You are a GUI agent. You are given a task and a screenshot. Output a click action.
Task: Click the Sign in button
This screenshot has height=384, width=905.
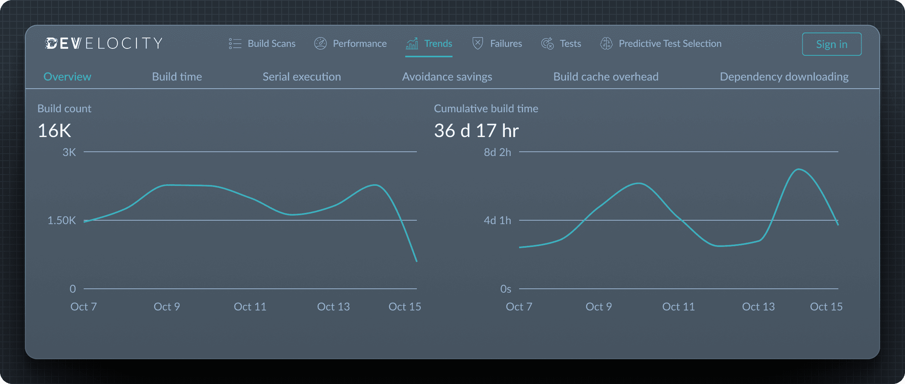tap(831, 44)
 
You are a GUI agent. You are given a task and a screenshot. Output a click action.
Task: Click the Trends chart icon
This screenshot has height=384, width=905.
tap(412, 43)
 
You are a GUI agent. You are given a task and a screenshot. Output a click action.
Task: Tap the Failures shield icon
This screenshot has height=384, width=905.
tap(478, 43)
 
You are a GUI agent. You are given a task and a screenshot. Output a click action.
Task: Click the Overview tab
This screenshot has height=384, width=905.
tap(67, 77)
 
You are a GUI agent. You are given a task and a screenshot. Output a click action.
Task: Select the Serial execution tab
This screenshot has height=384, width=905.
tap(302, 77)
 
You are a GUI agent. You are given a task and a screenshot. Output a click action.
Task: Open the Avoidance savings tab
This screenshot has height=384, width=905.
tap(447, 77)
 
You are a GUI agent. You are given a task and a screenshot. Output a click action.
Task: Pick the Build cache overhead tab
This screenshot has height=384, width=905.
tap(606, 77)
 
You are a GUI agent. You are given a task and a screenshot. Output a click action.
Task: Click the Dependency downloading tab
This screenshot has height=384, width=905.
tap(784, 77)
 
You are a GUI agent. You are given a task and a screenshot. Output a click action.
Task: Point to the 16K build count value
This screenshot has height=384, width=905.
tap(54, 131)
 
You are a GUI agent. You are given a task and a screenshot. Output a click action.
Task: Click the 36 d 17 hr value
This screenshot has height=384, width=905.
tap(476, 131)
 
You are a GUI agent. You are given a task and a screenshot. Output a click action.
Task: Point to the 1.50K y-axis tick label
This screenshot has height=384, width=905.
tap(62, 221)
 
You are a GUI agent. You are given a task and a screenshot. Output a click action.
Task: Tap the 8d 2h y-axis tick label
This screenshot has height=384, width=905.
tap(497, 153)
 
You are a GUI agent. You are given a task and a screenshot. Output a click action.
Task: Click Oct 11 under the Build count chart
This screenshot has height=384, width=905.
tap(250, 307)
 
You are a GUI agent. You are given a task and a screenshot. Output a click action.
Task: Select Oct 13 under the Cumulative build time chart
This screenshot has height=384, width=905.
tap(758, 307)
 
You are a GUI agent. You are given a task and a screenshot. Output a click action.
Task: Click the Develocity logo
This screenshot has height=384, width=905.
tap(104, 43)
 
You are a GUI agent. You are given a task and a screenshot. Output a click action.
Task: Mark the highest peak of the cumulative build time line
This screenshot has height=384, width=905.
tap(798, 170)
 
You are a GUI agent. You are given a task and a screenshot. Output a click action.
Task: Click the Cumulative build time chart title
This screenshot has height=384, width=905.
tap(486, 109)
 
